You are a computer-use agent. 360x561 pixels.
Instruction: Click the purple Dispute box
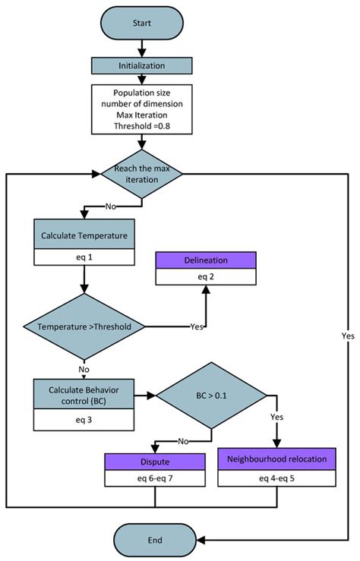tap(155, 461)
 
